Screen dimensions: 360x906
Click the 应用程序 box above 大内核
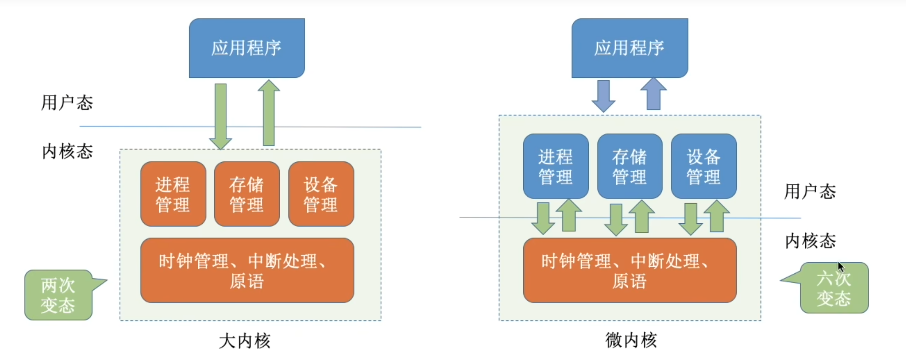pyautogui.click(x=247, y=48)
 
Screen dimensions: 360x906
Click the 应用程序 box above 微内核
pyautogui.click(x=630, y=48)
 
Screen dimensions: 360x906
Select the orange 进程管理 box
pyautogui.click(x=173, y=194)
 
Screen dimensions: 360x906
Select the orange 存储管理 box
pyautogui.click(x=247, y=194)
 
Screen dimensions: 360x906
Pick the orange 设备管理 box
pyautogui.click(x=321, y=194)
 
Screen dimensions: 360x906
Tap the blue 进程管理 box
pyautogui.click(x=555, y=166)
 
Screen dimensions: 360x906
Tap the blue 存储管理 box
pyautogui.click(x=630, y=166)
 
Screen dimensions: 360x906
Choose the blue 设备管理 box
pyautogui.click(x=703, y=166)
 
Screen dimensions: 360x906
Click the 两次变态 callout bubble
pyautogui.click(x=59, y=295)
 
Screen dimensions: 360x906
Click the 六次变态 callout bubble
pyautogui.click(x=834, y=288)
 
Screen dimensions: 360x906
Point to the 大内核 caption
pyautogui.click(x=245, y=341)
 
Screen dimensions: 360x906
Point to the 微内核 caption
pyautogui.click(x=631, y=340)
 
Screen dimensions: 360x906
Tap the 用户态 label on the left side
pyautogui.click(x=67, y=103)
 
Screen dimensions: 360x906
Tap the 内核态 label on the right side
pyautogui.click(x=811, y=241)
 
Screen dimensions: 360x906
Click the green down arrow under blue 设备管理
pyautogui.click(x=691, y=219)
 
